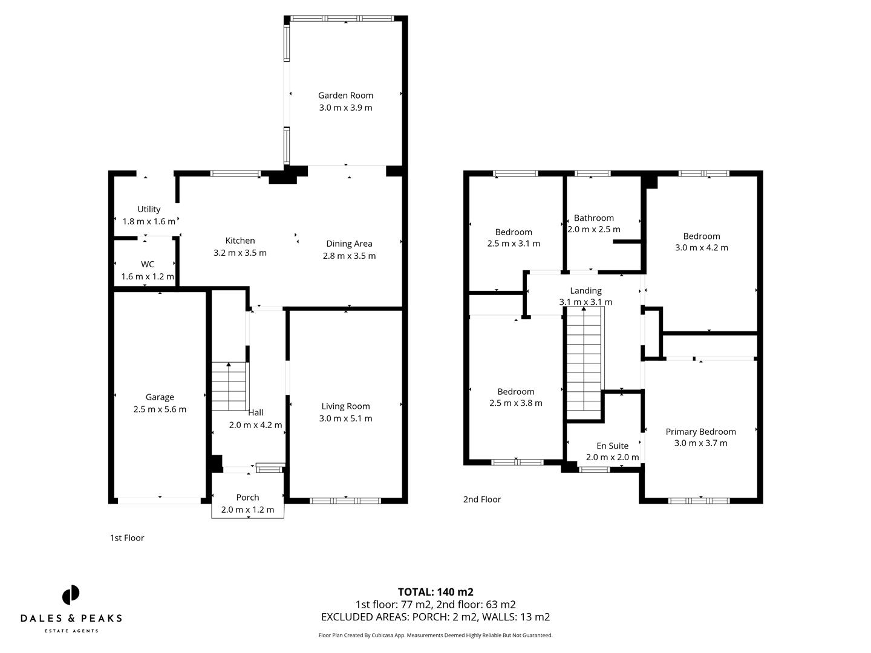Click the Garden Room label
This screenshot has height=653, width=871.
point(345,95)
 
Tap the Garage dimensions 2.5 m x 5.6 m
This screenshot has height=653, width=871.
point(160,409)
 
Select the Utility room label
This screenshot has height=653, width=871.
point(149,209)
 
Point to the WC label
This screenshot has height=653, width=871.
point(148,264)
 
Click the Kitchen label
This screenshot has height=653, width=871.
point(240,241)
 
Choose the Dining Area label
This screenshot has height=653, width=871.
point(349,244)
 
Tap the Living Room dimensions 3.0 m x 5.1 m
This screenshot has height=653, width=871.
point(346,418)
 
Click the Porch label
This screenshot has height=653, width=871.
point(247,497)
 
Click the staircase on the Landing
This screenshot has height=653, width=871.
point(584,363)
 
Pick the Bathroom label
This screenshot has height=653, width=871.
point(593,218)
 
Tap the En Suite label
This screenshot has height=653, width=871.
point(612,446)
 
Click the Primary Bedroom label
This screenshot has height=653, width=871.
point(700,432)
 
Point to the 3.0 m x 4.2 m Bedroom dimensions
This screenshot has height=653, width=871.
point(702,247)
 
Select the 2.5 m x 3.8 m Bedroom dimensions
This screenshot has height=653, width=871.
point(515,403)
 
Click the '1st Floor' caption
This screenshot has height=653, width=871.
point(127,538)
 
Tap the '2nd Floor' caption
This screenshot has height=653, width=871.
point(482,499)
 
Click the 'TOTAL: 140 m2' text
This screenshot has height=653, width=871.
point(435,592)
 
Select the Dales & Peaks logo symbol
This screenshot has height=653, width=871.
point(71,594)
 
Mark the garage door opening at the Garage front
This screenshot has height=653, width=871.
point(160,500)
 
